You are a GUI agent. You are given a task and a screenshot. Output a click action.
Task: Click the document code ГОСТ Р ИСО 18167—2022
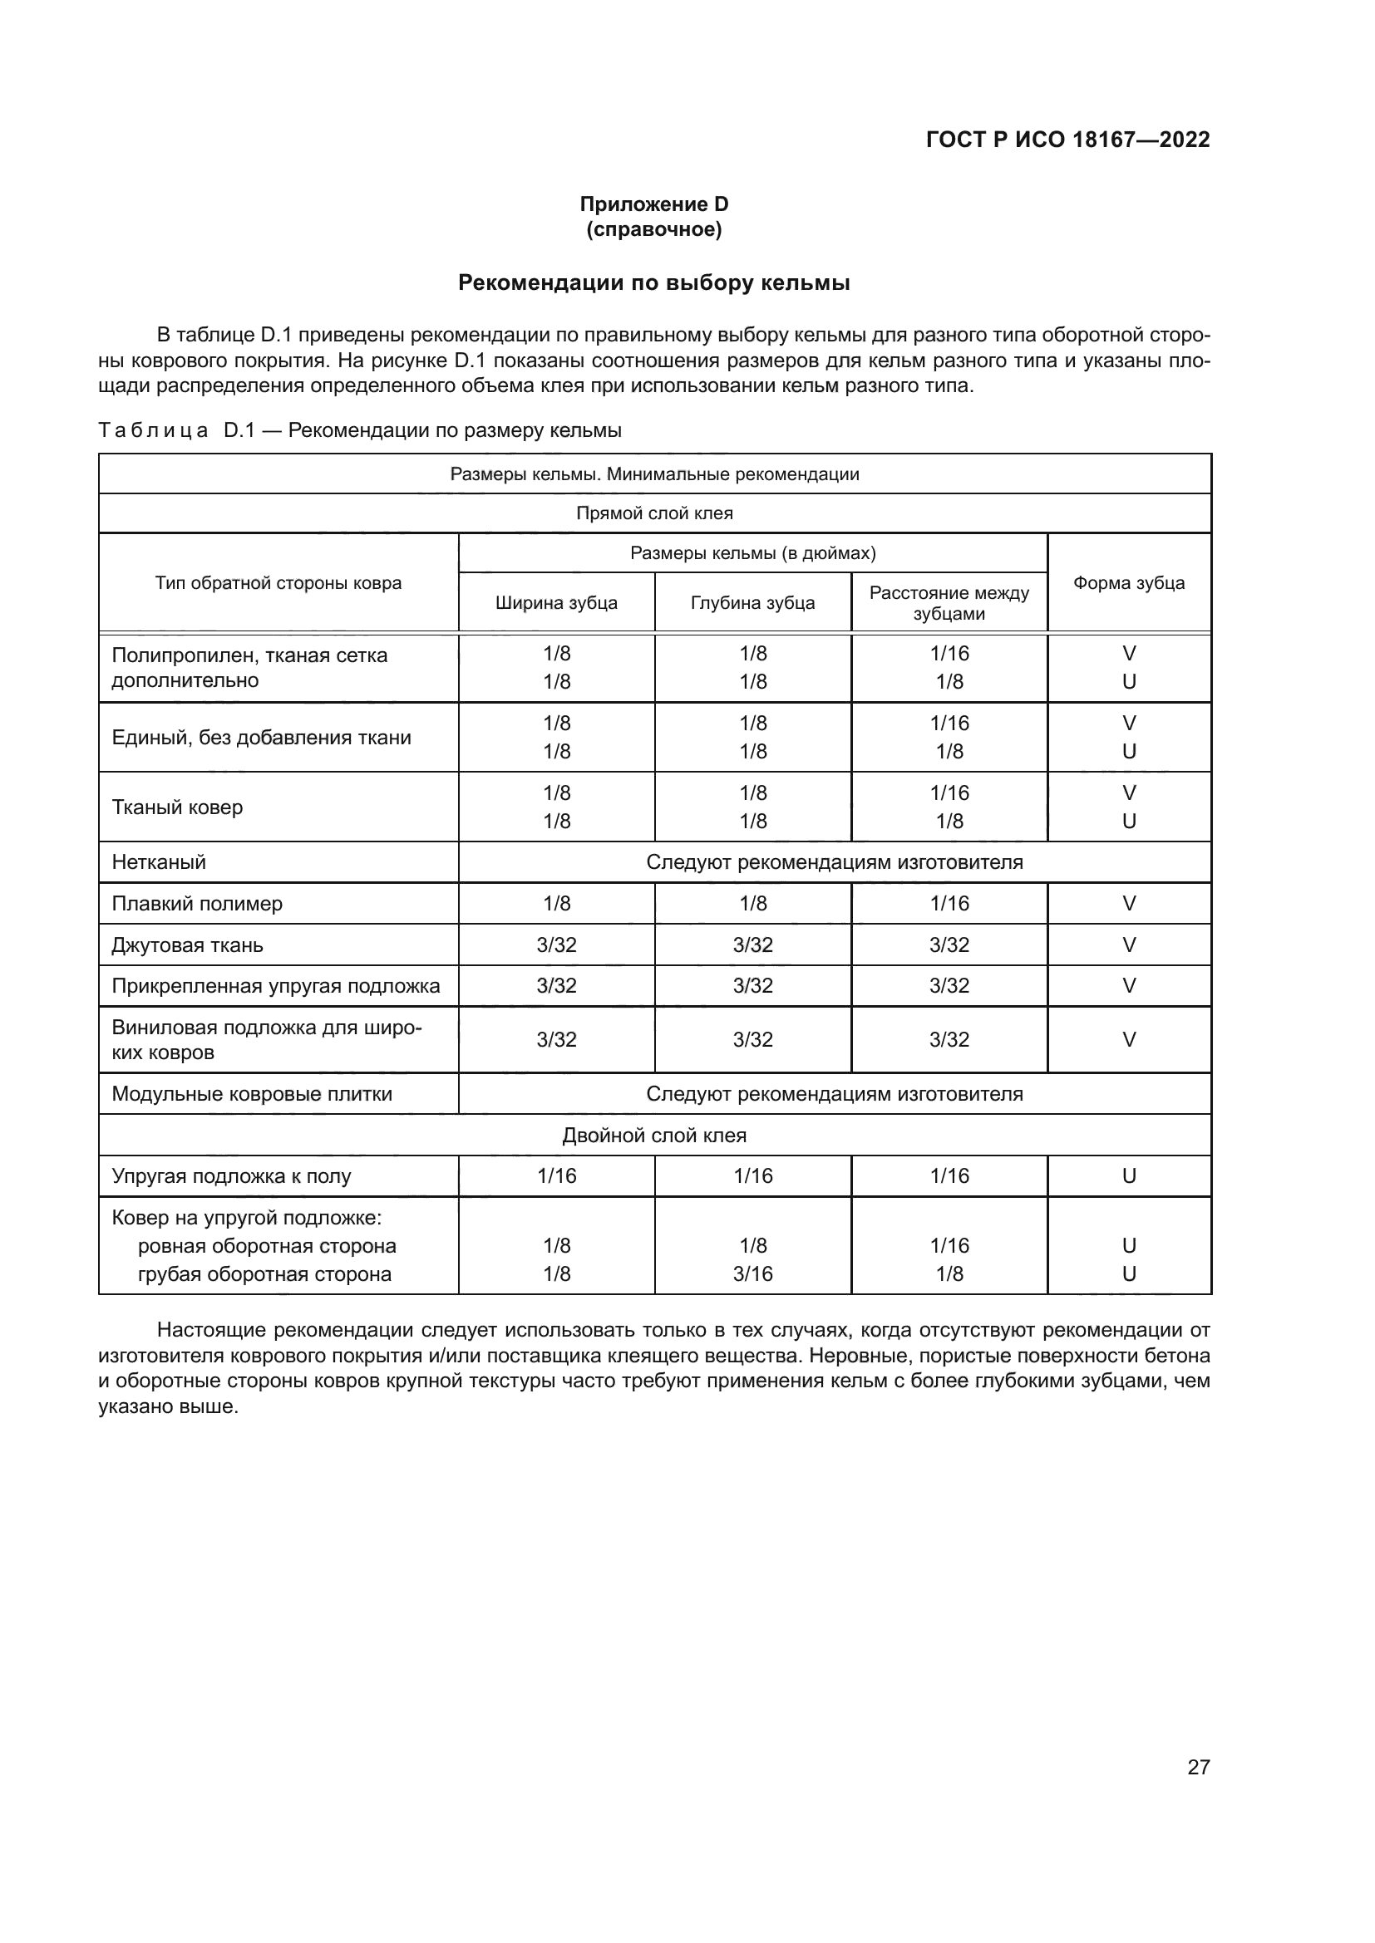pos(1067,140)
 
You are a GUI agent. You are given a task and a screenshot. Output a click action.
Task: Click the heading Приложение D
pos(653,204)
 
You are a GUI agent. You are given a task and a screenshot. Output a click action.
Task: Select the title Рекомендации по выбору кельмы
pos(653,282)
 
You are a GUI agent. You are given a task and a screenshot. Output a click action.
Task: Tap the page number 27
pos(1198,1767)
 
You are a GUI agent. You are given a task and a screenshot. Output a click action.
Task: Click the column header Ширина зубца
pos(556,602)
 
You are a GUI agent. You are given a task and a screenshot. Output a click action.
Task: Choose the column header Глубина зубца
pos(752,602)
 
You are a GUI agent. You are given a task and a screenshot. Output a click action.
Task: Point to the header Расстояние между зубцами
pos(949,602)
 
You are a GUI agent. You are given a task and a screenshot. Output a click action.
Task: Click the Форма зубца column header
pos(1129,583)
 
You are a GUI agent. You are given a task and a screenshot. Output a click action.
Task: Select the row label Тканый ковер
pos(177,807)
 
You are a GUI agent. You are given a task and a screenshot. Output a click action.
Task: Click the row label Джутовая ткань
pos(187,945)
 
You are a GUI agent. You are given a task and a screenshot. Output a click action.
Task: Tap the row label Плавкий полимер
pos(197,904)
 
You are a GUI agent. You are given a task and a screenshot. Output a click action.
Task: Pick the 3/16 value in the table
pos(752,1273)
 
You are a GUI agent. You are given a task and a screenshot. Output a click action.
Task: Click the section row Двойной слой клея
pos(653,1136)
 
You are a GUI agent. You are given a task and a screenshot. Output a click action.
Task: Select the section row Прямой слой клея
pos(653,513)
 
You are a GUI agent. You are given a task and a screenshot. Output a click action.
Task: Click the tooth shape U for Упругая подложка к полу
pos(1129,1176)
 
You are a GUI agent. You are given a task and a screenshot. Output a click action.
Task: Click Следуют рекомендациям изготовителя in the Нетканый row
pos(834,862)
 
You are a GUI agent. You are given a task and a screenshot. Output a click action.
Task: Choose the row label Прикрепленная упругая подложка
pos(276,986)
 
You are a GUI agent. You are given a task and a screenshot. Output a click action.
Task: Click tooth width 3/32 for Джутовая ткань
pos(556,945)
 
